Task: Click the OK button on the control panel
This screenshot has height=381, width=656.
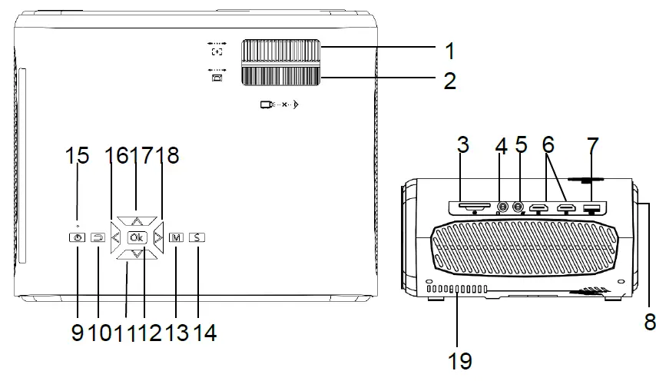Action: click(x=136, y=238)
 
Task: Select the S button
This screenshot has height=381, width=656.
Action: click(x=197, y=238)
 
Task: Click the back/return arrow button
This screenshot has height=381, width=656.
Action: click(x=98, y=238)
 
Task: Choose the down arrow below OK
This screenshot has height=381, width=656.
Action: click(x=136, y=254)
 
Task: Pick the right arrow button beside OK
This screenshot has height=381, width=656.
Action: click(x=157, y=238)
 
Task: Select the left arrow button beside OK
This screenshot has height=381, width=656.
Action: click(x=115, y=238)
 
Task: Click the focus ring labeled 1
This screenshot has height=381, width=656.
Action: click(x=282, y=52)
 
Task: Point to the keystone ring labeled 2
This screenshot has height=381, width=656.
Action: click(x=282, y=76)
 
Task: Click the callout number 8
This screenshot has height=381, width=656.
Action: click(x=649, y=321)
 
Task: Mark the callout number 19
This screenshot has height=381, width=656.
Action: click(x=460, y=359)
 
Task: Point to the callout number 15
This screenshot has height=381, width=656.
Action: click(x=76, y=156)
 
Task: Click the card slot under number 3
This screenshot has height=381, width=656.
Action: click(x=474, y=207)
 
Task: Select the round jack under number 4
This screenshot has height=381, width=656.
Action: click(x=502, y=207)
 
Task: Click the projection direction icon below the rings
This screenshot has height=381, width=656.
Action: click(x=278, y=105)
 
